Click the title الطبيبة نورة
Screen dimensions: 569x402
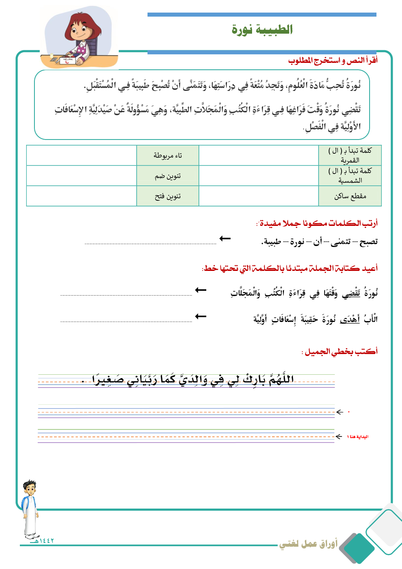pyautogui.click(x=262, y=30)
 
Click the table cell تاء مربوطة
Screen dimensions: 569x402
pyautogui.click(x=168, y=155)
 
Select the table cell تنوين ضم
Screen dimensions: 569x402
pyautogui.click(x=168, y=176)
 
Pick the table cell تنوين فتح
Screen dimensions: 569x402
pyautogui.click(x=168, y=196)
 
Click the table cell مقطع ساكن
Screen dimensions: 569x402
pyautogui.click(x=350, y=196)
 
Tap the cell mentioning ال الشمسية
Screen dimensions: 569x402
pyautogui.click(x=350, y=176)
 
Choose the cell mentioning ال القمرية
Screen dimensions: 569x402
pyautogui.click(x=350, y=155)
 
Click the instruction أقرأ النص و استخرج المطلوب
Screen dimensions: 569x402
pyautogui.click(x=333, y=60)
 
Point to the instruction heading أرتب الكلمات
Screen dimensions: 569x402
pyautogui.click(x=317, y=223)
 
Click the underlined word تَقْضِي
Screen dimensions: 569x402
pyautogui.click(x=351, y=293)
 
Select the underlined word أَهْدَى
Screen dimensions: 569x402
pyautogui.click(x=350, y=320)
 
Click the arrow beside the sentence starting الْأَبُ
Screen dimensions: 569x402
pyautogui.click(x=201, y=316)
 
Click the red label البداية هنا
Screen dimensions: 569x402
pyautogui.click(x=358, y=437)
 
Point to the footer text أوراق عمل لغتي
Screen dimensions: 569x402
pyautogui.click(x=308, y=544)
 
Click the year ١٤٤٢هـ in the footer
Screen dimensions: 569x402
pyautogui.click(x=43, y=541)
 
